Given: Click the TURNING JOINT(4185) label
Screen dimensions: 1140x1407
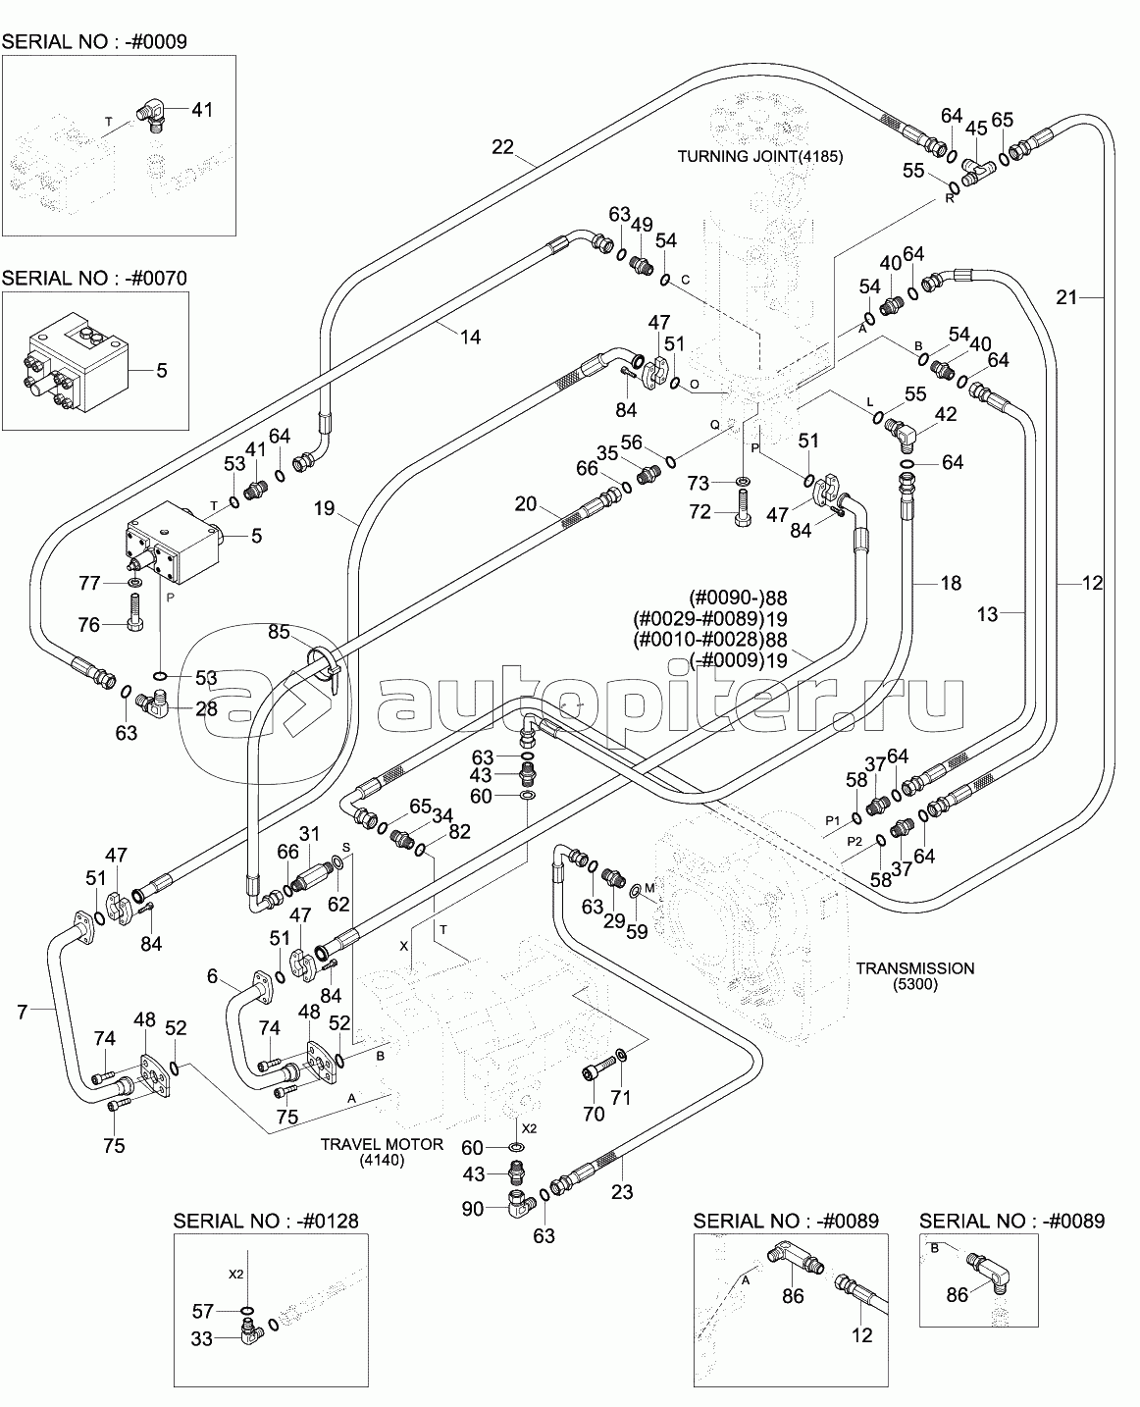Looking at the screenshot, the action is click(760, 157).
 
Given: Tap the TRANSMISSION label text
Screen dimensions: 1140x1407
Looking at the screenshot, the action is click(914, 968).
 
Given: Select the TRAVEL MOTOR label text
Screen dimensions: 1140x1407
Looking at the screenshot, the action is click(382, 1144).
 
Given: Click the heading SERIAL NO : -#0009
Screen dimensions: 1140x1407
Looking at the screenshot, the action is click(94, 41).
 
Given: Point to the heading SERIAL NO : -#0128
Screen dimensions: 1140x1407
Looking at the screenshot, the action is click(266, 1221).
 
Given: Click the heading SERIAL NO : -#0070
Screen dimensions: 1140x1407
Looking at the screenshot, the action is click(94, 278).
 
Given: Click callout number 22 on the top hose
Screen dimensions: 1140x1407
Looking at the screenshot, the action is click(502, 146).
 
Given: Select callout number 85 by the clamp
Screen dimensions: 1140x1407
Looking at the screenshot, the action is click(279, 632).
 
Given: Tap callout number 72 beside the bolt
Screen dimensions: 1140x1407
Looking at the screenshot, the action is click(700, 511).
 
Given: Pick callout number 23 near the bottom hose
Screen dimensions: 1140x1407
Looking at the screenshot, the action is click(622, 1192).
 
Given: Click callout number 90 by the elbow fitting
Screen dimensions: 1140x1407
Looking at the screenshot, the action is click(472, 1209).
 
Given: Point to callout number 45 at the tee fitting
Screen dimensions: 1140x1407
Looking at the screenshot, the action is click(975, 128).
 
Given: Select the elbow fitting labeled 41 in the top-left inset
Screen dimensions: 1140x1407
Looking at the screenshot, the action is click(155, 110).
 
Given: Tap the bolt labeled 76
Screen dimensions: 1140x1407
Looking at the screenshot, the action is click(134, 612).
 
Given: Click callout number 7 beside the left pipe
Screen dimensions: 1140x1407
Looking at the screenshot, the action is click(23, 1012).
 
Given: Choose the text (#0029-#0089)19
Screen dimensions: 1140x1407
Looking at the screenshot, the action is click(710, 619).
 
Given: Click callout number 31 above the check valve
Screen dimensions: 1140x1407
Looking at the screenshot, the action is click(308, 834).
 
